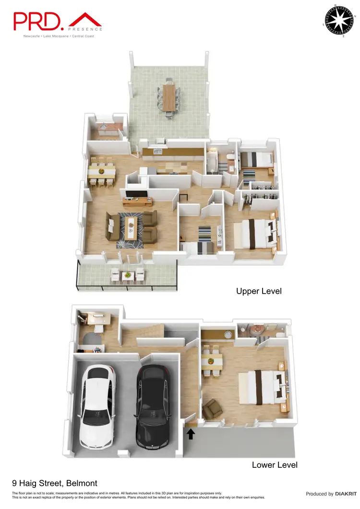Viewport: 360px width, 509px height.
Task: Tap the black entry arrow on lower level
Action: point(191,434)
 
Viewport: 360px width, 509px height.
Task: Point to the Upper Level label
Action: point(258,291)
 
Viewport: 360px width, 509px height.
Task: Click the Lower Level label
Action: point(275,465)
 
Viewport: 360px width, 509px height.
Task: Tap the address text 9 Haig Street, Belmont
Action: point(55,484)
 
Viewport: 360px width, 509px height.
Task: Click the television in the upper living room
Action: point(136,194)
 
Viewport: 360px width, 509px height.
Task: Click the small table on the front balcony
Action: point(127,275)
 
